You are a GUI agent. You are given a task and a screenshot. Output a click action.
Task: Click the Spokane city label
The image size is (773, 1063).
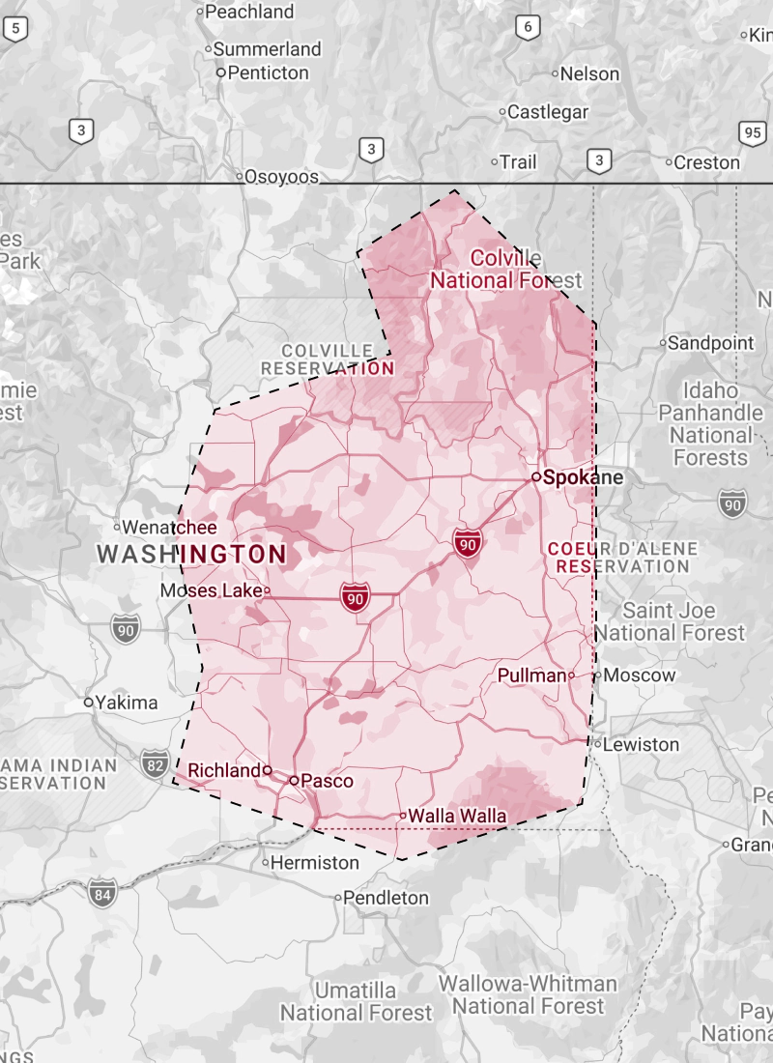(x=583, y=477)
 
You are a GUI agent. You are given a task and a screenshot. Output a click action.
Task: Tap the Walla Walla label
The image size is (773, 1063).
(x=457, y=816)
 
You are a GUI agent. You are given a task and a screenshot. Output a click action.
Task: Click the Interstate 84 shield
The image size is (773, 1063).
(x=100, y=893)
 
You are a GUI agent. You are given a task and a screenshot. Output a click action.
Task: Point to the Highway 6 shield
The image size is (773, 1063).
(x=527, y=27)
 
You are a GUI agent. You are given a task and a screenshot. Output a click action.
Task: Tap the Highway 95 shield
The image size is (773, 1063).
(x=754, y=133)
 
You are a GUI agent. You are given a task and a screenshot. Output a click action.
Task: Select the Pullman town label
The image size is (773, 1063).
(x=531, y=675)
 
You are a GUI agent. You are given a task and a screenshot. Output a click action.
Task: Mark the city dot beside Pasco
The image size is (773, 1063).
(x=294, y=780)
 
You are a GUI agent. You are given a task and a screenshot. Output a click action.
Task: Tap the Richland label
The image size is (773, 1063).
(x=224, y=770)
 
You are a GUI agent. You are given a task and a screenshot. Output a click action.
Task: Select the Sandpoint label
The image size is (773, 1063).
(x=711, y=342)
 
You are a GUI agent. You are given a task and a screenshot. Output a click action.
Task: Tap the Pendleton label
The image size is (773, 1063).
(x=386, y=898)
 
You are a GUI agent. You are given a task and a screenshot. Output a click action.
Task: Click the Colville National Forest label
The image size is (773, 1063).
(x=505, y=270)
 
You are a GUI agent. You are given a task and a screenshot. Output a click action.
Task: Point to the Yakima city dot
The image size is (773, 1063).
(x=88, y=703)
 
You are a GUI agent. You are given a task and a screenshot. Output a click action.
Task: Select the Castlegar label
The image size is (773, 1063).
(x=548, y=112)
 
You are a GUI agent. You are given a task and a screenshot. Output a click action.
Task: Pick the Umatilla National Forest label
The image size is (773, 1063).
(x=357, y=1002)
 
